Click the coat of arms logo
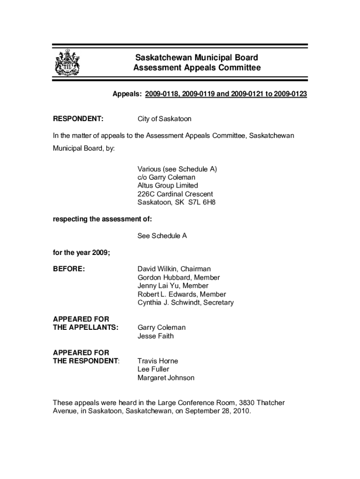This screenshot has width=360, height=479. [x=67, y=62]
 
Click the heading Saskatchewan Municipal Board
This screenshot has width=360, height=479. [x=196, y=58]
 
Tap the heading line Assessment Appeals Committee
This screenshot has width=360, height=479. [x=196, y=68]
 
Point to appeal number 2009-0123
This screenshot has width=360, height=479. [x=290, y=94]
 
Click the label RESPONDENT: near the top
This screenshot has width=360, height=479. [x=78, y=119]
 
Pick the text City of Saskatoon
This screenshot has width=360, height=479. [x=164, y=119]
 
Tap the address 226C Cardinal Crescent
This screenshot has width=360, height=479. [x=175, y=194]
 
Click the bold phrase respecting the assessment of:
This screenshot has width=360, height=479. [x=102, y=219]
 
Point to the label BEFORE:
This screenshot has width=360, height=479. [x=69, y=269]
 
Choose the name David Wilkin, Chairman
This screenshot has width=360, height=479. [x=174, y=269]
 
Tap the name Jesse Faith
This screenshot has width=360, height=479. [x=155, y=336]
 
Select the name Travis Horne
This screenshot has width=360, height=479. [x=158, y=361]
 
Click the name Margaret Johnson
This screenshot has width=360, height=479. [x=166, y=378]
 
